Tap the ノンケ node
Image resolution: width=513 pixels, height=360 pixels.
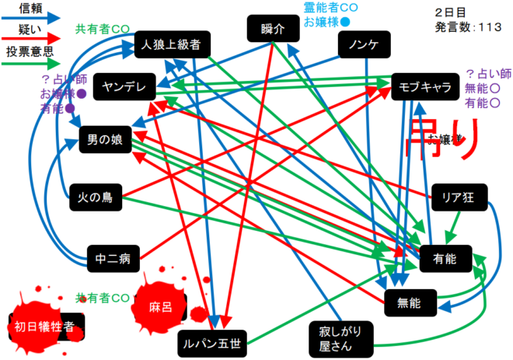tap(364, 44)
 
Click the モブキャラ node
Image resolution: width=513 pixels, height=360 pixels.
tap(424, 86)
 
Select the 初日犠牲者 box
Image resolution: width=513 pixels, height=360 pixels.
tap(45, 327)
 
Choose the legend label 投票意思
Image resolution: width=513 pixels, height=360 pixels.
tap(30, 52)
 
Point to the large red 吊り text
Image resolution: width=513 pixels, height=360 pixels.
tap(439, 140)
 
